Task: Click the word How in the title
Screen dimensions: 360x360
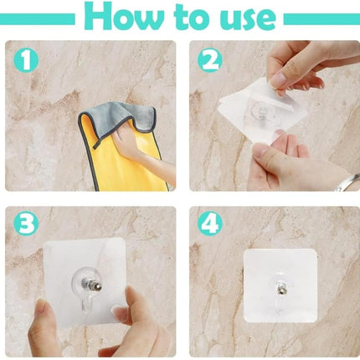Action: click(124, 17)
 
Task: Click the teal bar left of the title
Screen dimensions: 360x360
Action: click(39, 18)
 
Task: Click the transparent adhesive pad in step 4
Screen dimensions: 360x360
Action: click(251, 268)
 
